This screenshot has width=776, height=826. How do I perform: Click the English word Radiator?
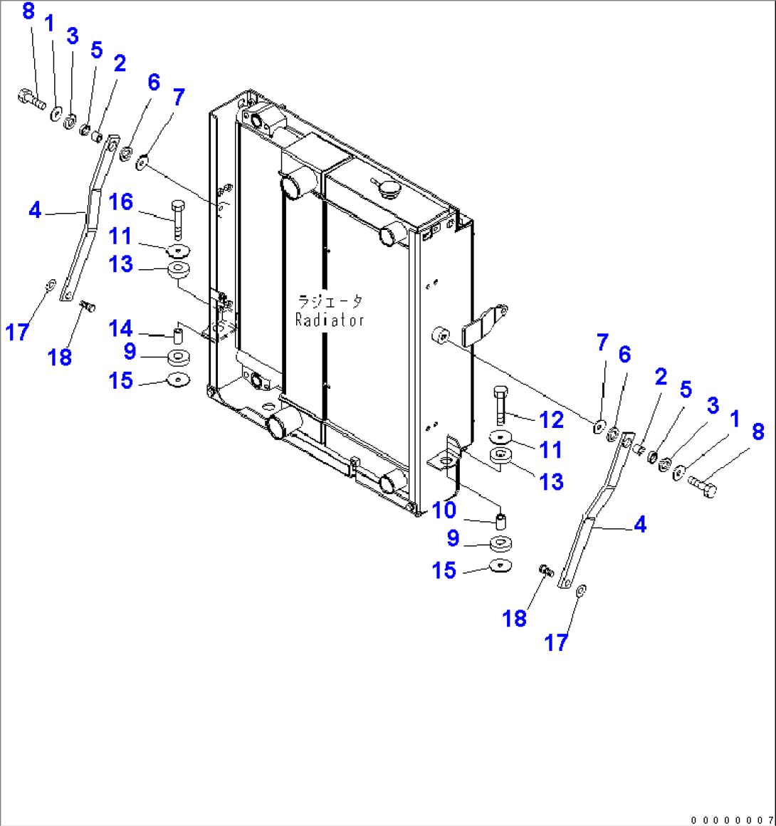(x=330, y=320)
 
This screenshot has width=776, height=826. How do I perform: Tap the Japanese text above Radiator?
(x=330, y=302)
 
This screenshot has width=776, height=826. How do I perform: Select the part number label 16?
(x=121, y=202)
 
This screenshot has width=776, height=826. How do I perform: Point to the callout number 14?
(x=121, y=329)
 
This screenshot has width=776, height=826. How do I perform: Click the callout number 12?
(x=552, y=419)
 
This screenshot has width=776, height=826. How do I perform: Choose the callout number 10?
(x=444, y=510)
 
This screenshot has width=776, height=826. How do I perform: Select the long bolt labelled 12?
(x=499, y=407)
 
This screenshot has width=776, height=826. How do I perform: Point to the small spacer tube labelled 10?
(x=500, y=519)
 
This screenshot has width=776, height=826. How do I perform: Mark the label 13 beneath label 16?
(x=121, y=264)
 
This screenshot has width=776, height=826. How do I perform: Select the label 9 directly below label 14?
(x=130, y=352)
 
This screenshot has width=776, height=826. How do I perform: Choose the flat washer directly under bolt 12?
(x=500, y=437)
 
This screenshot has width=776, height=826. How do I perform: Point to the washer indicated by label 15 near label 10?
(x=501, y=565)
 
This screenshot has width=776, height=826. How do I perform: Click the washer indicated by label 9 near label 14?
(x=178, y=357)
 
